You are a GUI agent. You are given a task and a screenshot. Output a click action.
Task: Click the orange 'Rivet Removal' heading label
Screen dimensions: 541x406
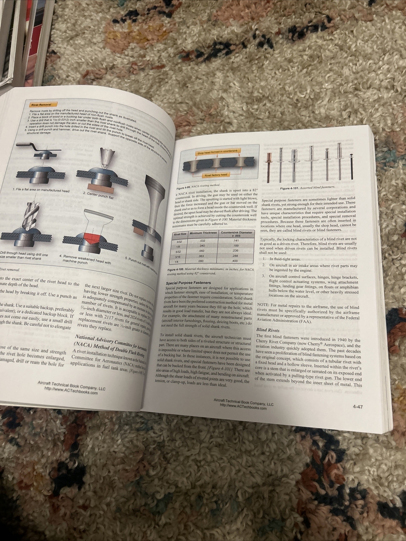tap(40, 104)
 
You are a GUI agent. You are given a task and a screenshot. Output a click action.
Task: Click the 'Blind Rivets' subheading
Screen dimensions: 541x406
tap(267, 329)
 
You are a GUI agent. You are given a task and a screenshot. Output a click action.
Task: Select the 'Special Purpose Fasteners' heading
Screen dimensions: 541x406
tap(188, 283)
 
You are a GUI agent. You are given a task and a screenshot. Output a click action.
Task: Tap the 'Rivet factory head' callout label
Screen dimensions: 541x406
tap(216, 175)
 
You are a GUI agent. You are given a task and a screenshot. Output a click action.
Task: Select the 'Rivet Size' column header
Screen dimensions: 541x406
tap(180, 234)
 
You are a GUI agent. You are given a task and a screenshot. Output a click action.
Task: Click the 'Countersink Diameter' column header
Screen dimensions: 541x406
tap(236, 233)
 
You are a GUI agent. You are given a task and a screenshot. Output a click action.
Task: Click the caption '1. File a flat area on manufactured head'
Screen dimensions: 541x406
tap(41, 191)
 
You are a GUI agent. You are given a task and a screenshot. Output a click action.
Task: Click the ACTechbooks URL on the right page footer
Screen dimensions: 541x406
tap(243, 408)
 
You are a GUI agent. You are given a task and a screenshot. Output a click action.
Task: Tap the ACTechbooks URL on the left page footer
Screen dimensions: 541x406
tap(71, 393)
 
